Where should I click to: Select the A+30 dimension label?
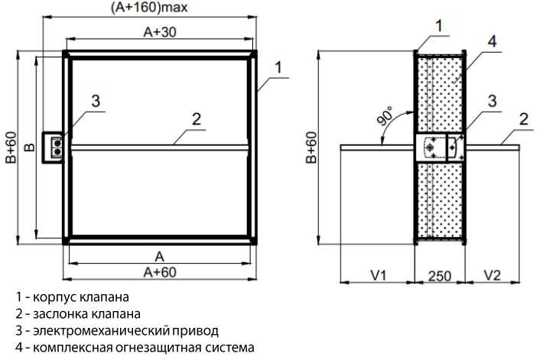[x=160, y=32]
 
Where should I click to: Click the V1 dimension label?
[x=375, y=274]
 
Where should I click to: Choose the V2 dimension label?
[x=492, y=274]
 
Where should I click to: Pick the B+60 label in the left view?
[x=10, y=148]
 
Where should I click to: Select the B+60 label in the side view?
[x=312, y=148]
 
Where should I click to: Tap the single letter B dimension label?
[x=28, y=147]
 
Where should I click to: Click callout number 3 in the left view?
[x=96, y=100]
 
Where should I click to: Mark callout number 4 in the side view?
[x=492, y=42]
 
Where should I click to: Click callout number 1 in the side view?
[x=440, y=25]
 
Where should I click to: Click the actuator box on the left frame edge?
[x=55, y=145]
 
